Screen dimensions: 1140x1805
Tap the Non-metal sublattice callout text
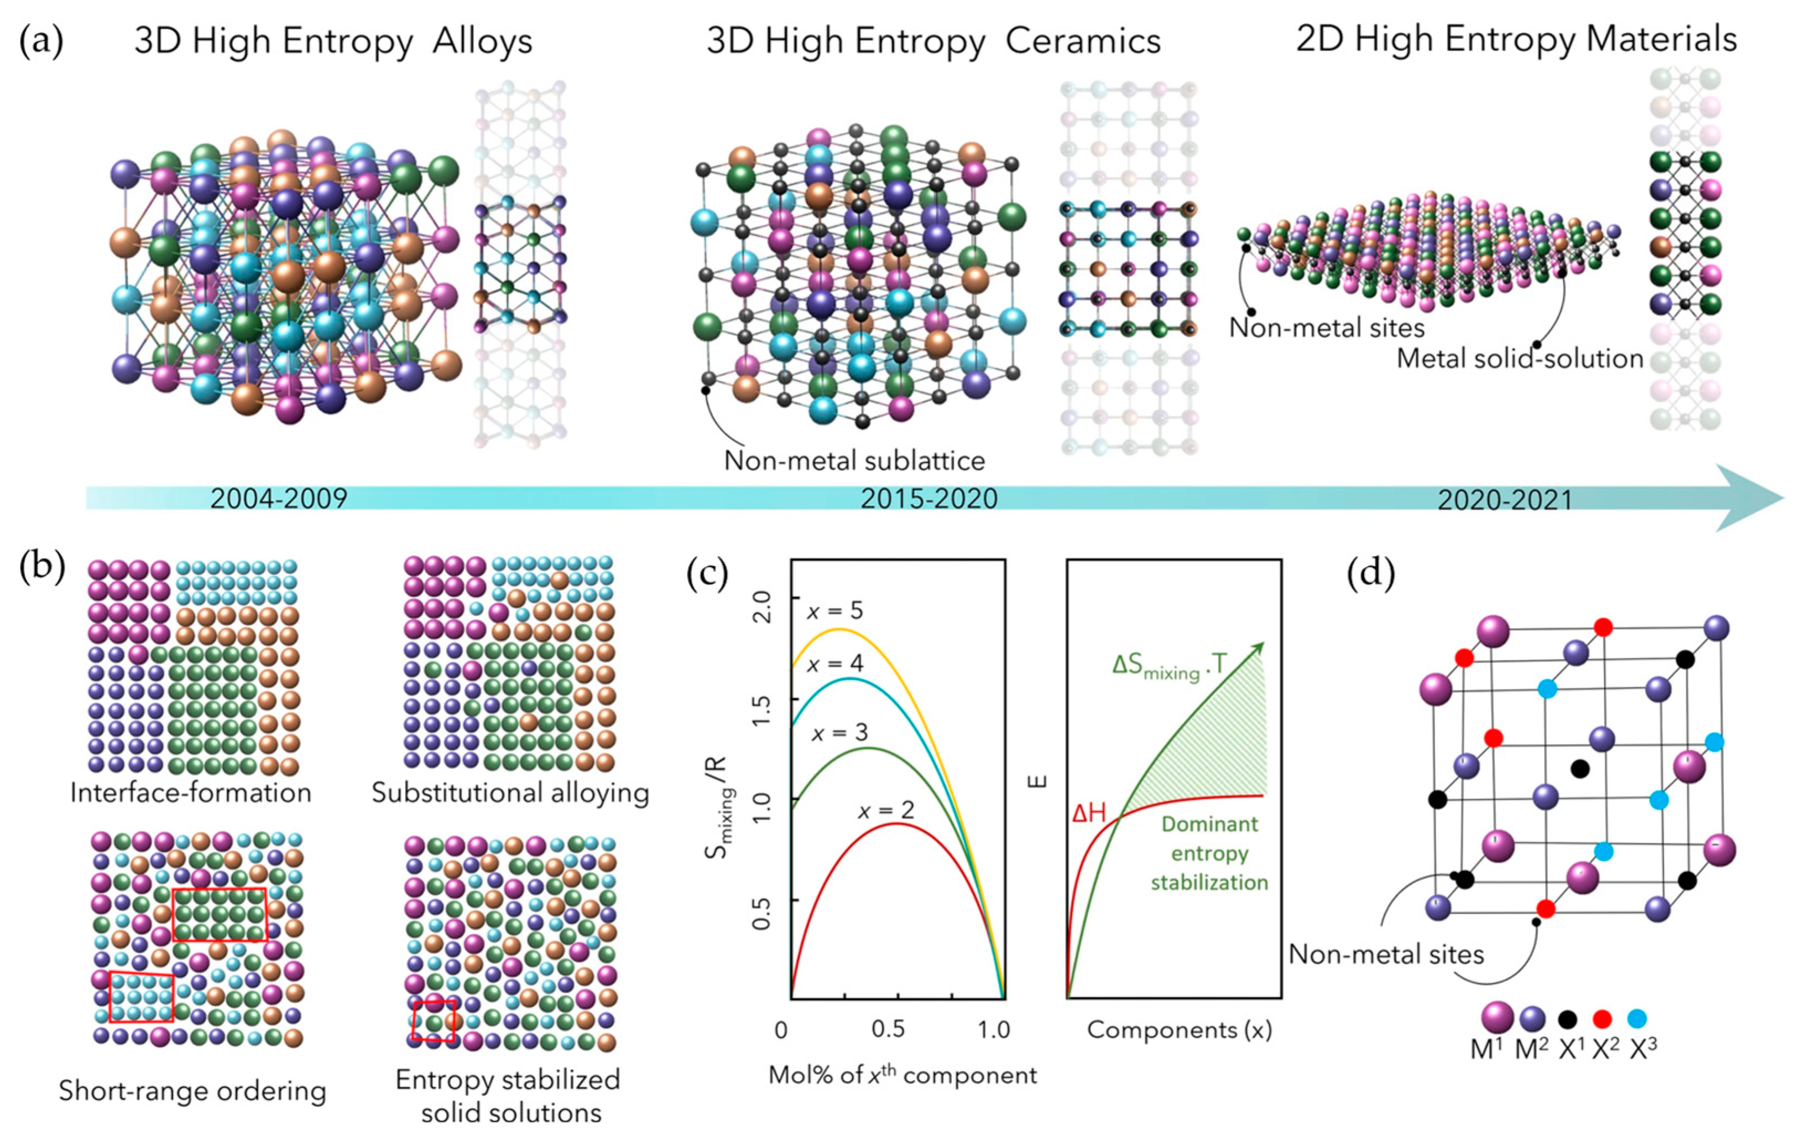tap(854, 460)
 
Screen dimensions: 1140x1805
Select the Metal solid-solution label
tap(1520, 359)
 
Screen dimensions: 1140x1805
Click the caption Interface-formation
tap(190, 793)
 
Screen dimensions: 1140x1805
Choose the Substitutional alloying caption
tap(510, 793)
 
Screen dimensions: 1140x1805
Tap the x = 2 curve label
tap(886, 810)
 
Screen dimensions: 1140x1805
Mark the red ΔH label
tap(1088, 813)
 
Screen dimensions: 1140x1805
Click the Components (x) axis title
tap(1179, 1030)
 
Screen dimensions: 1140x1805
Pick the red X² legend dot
tap(1602, 1018)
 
